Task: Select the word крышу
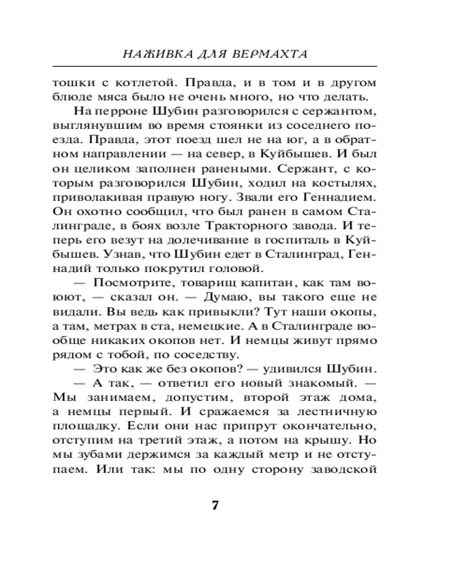pos(331,441)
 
